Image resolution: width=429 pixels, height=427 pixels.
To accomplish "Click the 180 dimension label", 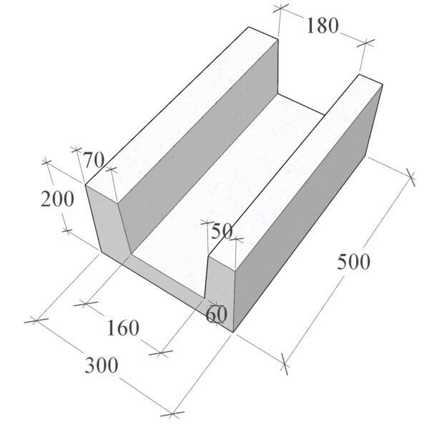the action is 322,26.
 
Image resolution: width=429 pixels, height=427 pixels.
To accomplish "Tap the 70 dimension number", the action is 93,159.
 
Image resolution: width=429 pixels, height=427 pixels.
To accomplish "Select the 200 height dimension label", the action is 57,199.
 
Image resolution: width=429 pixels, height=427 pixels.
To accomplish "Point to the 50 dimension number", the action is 222,232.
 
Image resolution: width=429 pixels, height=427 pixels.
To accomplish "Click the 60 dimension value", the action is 216,314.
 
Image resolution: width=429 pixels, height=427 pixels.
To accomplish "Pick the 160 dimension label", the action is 123,328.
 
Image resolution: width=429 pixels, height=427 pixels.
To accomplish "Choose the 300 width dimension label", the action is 102,365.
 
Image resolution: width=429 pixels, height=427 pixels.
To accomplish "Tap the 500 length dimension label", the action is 353,262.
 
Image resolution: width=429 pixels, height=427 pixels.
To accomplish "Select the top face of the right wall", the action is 295,167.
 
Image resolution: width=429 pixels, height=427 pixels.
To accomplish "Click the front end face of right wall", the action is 220,290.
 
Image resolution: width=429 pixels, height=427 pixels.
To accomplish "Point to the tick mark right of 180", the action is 366,42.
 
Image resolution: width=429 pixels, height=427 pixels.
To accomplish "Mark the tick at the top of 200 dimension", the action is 46,162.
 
